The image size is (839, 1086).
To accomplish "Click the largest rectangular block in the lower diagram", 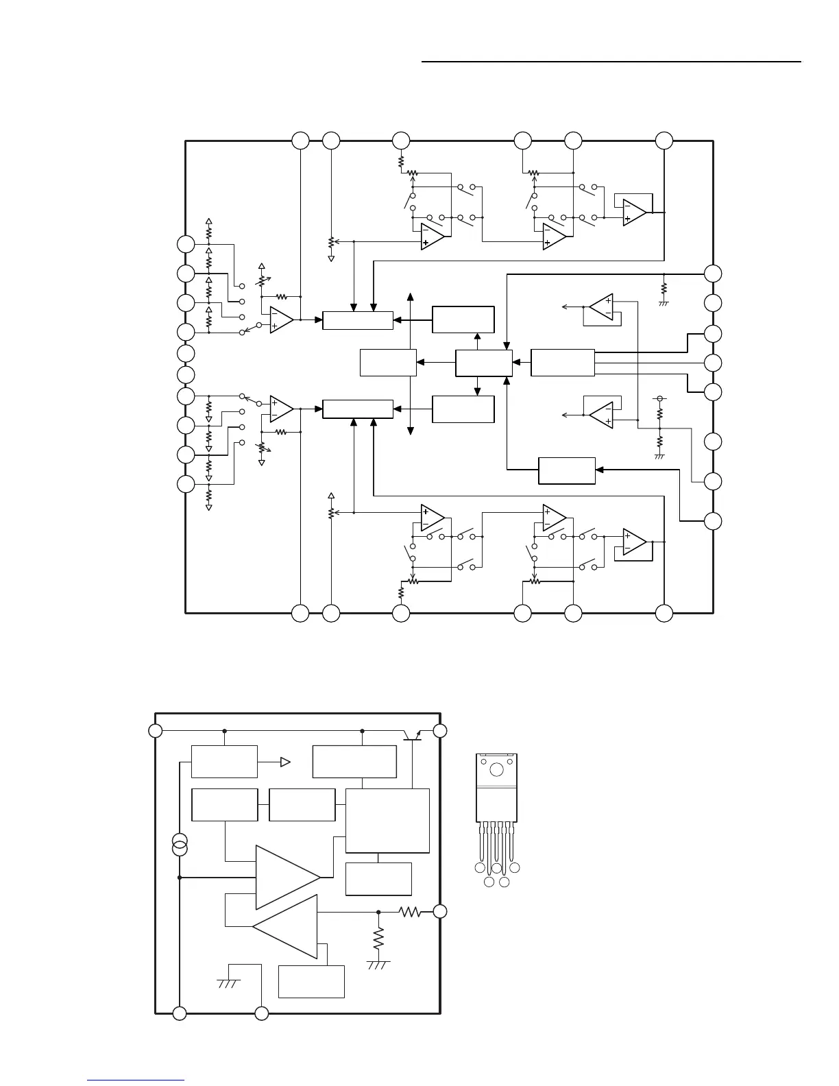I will [387, 821].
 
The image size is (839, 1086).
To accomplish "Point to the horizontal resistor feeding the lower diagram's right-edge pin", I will [410, 912].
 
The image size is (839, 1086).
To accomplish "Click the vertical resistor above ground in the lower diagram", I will [378, 939].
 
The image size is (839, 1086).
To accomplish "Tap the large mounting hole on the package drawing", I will [497, 770].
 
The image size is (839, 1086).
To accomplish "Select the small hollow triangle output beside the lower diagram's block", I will [285, 761].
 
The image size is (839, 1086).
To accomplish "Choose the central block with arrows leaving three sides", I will [484, 363].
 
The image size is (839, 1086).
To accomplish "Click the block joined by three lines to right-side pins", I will [562, 363].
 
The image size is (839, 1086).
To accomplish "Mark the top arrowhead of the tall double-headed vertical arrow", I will [411, 296].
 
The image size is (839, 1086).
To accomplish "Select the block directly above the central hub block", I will [463, 319].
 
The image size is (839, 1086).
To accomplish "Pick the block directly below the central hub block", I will [463, 409].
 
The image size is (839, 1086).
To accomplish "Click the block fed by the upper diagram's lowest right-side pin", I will [567, 470].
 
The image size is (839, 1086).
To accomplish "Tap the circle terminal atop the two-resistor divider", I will [660, 398].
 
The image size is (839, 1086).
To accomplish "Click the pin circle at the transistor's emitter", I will [440, 730].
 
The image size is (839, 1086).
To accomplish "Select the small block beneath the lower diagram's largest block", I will [378, 879].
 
